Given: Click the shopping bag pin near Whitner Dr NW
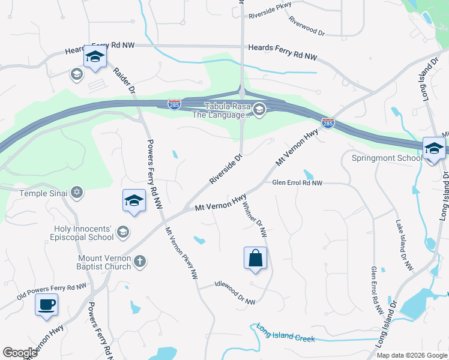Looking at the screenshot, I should (x=256, y=259).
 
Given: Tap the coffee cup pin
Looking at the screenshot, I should (x=47, y=305).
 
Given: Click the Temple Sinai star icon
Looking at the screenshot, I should (x=76, y=193).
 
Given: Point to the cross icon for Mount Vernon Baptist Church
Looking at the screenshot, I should (x=139, y=261).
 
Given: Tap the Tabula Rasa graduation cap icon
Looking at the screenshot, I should (x=259, y=109).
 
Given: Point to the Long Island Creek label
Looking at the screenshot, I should (x=285, y=333).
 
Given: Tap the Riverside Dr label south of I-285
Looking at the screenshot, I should (x=226, y=169).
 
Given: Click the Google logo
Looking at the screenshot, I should (x=20, y=352).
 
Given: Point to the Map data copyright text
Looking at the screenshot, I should (x=411, y=355).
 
